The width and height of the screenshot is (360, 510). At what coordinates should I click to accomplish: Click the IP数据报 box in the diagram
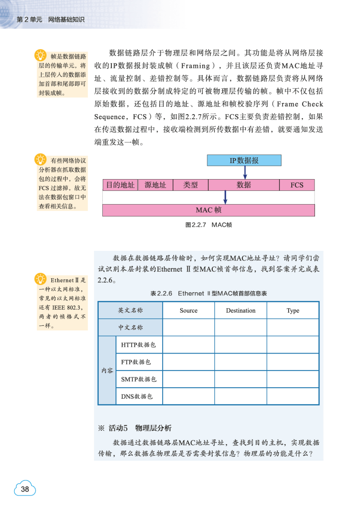coord(244,160)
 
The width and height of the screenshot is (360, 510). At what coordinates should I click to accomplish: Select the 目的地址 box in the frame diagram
coord(120,185)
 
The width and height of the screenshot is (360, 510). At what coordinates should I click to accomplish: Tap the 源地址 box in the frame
coord(155,185)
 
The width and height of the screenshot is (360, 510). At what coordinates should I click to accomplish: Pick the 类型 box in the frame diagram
coord(190,185)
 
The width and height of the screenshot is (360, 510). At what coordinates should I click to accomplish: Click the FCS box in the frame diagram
coord(296,185)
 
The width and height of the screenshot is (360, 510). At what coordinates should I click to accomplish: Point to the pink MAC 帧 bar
coord(209,210)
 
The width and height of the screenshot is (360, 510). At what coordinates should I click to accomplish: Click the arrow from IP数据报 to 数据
coord(245,172)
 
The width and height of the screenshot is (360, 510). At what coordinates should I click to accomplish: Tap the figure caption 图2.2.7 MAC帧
coord(209,225)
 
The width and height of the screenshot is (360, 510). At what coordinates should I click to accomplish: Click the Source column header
coord(189,310)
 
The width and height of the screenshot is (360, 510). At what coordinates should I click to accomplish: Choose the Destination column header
coord(240,310)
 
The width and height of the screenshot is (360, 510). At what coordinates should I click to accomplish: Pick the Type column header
coord(293,310)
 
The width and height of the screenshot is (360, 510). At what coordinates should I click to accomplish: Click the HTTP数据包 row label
coord(139,345)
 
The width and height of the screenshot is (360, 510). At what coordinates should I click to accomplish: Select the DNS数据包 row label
coord(136,396)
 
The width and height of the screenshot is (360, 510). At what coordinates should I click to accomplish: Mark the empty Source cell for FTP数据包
coord(189,362)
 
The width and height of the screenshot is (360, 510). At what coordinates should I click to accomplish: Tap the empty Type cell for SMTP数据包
coord(293,379)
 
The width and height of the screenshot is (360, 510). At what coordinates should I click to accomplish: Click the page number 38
coord(25,489)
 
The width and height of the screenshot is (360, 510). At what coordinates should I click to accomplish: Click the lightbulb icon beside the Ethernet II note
coord(41,278)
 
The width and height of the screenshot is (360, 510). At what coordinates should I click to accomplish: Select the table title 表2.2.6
coord(209,294)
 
